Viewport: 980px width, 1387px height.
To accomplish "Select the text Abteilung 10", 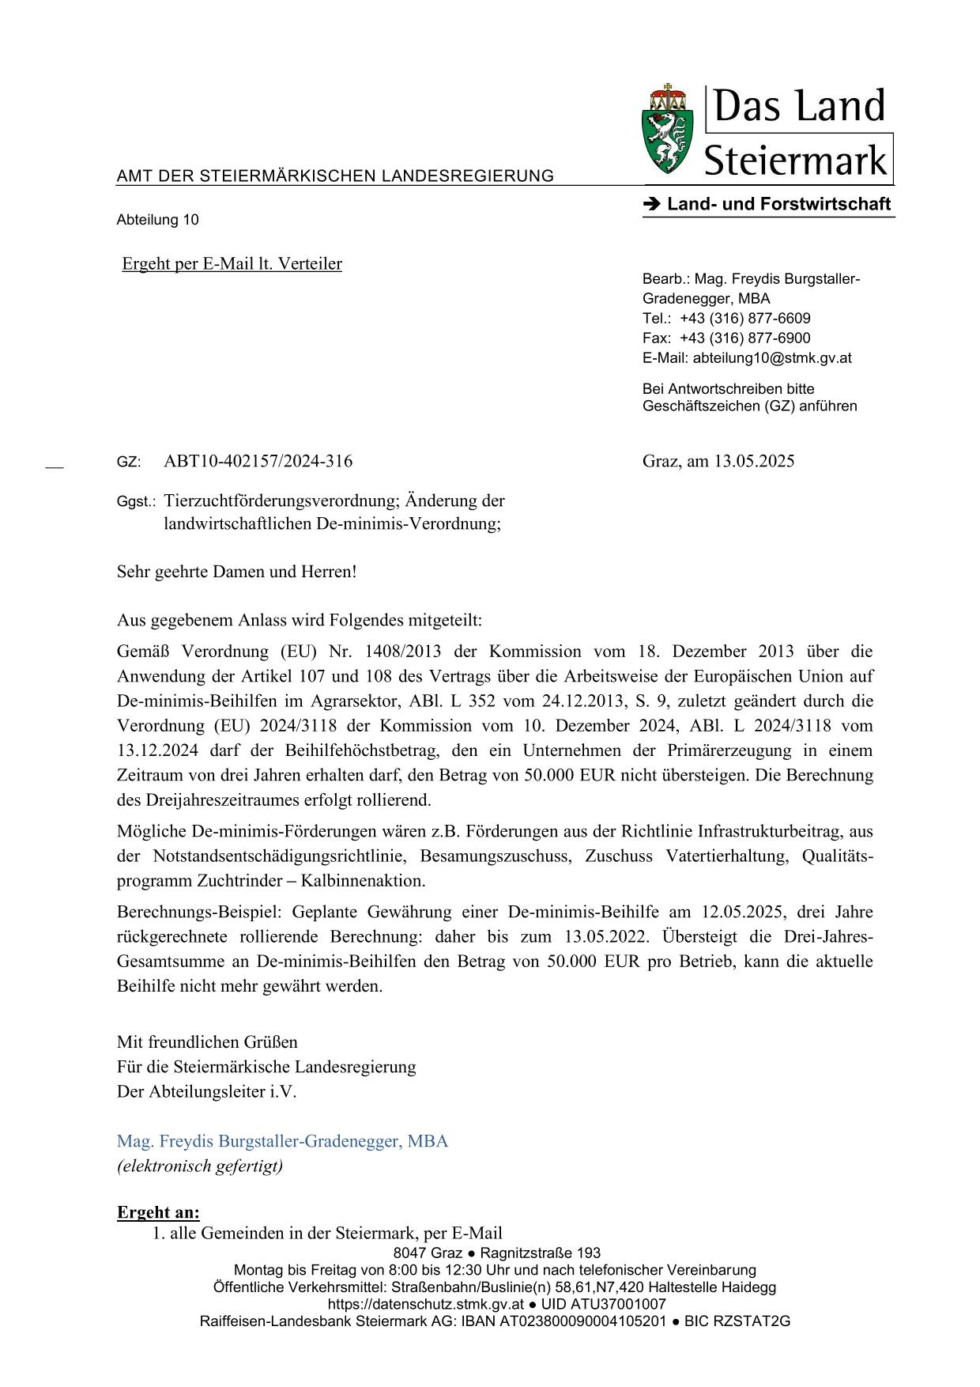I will pyautogui.click(x=157, y=220).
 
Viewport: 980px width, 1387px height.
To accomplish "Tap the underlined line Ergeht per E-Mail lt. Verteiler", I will pyautogui.click(x=232, y=264).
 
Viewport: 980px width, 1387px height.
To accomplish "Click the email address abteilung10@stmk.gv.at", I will pyautogui.click(x=771, y=358).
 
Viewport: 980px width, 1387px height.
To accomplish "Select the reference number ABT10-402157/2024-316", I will pyautogui.click(x=258, y=461).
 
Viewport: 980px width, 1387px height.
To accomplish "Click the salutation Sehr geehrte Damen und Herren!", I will pyautogui.click(x=236, y=571).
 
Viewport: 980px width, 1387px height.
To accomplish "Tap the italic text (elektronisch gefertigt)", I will pyautogui.click(x=199, y=1166).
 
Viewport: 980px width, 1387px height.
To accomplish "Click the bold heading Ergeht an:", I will pyautogui.click(x=158, y=1212).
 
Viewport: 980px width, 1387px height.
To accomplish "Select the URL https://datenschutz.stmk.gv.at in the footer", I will pyautogui.click(x=426, y=1304).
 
